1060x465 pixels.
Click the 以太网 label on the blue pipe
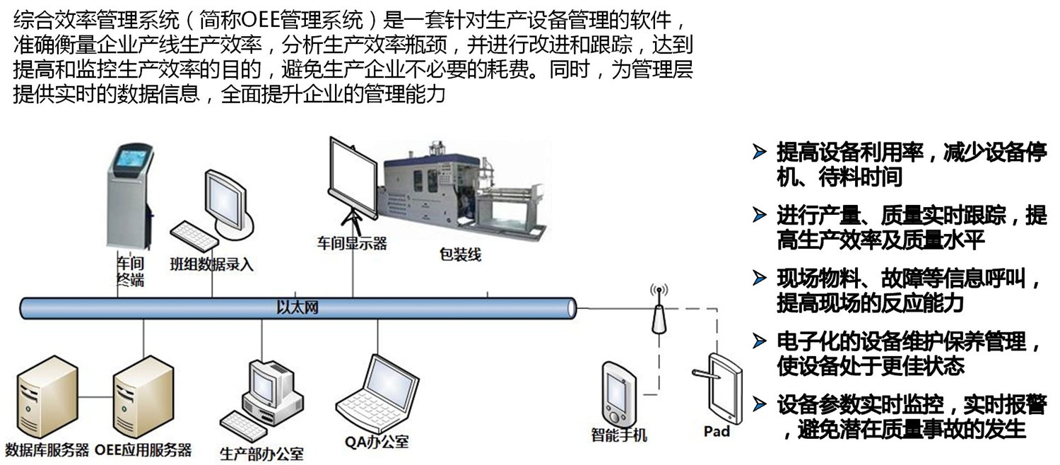[x=298, y=307]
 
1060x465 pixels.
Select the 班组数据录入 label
[x=211, y=265]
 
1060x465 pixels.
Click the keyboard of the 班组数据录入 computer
[x=193, y=235]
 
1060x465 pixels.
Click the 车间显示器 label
[x=351, y=244]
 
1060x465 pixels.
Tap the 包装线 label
[x=460, y=254]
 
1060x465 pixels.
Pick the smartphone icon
[x=618, y=392]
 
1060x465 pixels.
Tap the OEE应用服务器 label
[x=143, y=449]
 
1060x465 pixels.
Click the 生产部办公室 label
[x=261, y=453]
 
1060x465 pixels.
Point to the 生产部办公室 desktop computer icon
[x=269, y=392]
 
